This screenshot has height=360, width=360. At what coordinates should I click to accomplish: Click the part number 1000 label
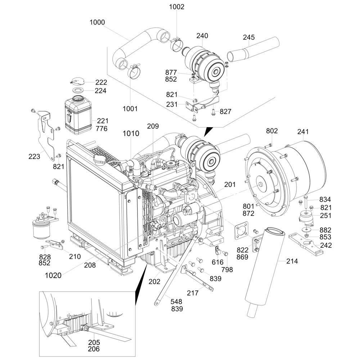[97, 23]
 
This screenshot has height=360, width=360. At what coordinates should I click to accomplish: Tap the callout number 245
[249, 37]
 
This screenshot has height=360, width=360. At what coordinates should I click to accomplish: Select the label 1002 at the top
[176, 7]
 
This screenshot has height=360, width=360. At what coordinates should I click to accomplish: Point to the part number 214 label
[292, 261]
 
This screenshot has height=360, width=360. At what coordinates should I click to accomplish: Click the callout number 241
[303, 132]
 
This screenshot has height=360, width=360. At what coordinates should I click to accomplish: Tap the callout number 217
[193, 293]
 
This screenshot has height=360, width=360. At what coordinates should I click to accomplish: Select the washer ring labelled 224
[78, 90]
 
